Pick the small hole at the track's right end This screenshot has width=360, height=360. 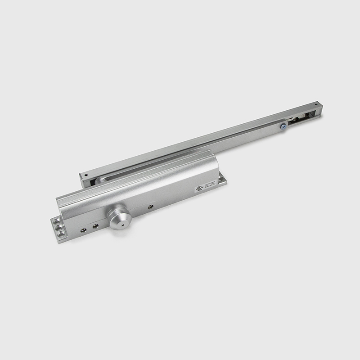(315, 105)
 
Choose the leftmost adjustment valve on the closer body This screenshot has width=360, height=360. (84, 229)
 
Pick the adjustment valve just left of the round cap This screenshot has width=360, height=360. (95, 225)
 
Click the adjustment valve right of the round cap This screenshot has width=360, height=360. (150, 207)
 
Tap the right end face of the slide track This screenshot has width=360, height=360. (319, 111)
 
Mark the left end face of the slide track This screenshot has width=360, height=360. (83, 180)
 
